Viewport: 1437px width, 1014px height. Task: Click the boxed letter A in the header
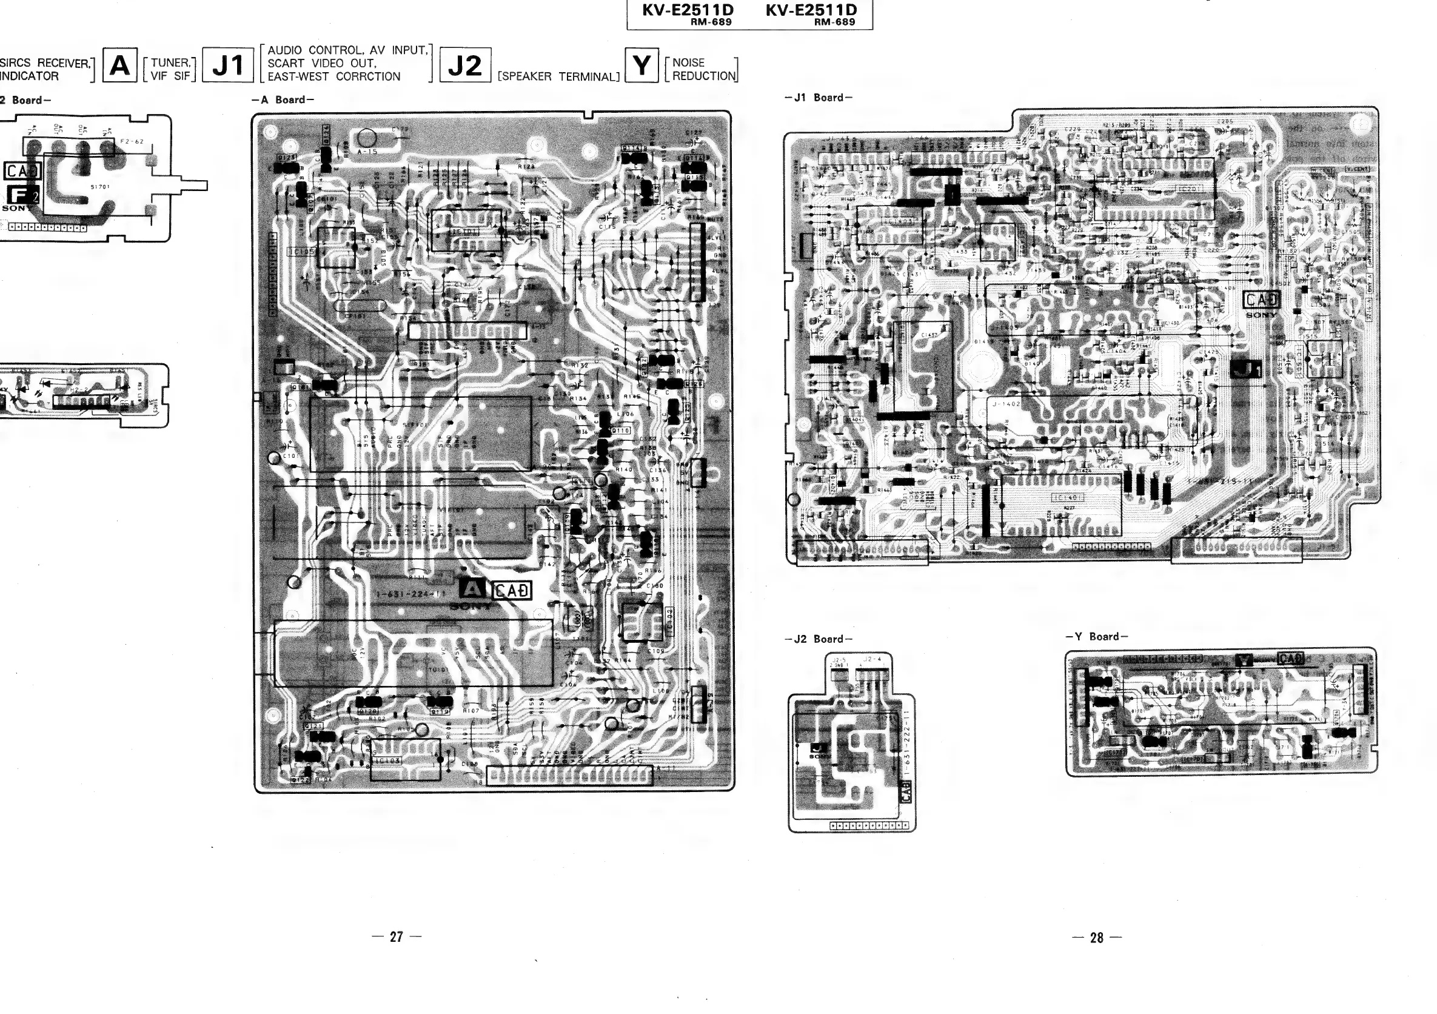coord(119,65)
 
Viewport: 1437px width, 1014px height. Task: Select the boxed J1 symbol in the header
coord(228,65)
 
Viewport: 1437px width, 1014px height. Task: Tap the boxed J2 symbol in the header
coord(465,65)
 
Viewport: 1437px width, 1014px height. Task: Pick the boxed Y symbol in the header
coord(641,65)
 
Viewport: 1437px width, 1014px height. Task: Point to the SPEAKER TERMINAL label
coord(558,77)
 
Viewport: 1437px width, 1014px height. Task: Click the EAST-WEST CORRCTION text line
coord(333,76)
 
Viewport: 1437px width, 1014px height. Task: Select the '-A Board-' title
coord(283,99)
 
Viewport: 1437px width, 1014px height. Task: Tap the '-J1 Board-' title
coord(818,98)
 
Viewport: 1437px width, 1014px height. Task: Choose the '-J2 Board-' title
coord(818,639)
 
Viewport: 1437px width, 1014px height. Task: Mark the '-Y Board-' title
coord(1096,637)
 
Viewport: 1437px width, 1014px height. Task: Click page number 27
coord(396,936)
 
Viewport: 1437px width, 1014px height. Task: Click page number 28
coord(1096,937)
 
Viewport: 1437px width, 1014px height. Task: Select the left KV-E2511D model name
coord(688,10)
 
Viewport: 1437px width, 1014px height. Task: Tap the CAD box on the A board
coord(511,590)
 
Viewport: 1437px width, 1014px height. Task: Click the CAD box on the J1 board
coord(1261,300)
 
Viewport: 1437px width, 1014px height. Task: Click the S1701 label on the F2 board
coord(100,187)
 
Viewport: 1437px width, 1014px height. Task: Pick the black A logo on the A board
coord(472,588)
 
